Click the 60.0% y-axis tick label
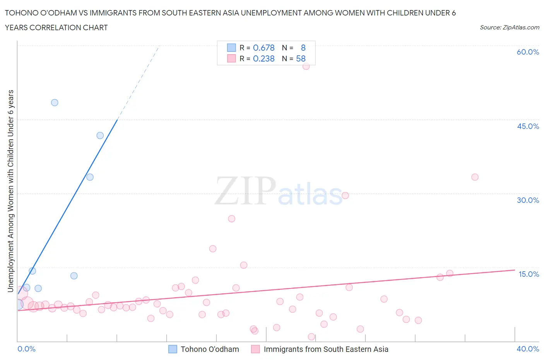[x=528, y=52]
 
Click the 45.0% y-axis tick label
[x=528, y=126]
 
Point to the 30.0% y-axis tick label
[x=528, y=200]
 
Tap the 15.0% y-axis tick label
[x=529, y=274]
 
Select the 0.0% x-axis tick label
[x=26, y=349]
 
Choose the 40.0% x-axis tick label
[x=528, y=349]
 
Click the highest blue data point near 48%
[x=55, y=103]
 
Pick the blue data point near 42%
[x=100, y=135]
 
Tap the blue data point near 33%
[x=90, y=177]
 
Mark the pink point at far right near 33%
[x=475, y=177]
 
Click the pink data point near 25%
[x=231, y=219]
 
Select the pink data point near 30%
[x=345, y=195]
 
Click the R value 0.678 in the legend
[x=263, y=48]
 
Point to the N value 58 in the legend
[x=301, y=58]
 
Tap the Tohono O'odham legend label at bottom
[x=210, y=349]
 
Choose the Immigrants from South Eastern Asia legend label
[x=326, y=349]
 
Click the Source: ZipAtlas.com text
[x=509, y=27]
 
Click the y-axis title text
[x=10, y=191]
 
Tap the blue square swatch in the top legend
[x=231, y=48]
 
